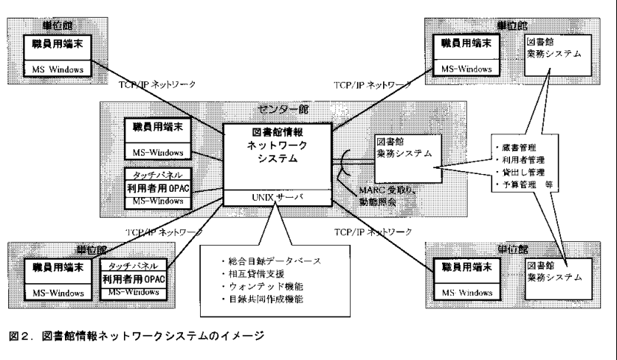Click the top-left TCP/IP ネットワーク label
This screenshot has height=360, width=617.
click(157, 85)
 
